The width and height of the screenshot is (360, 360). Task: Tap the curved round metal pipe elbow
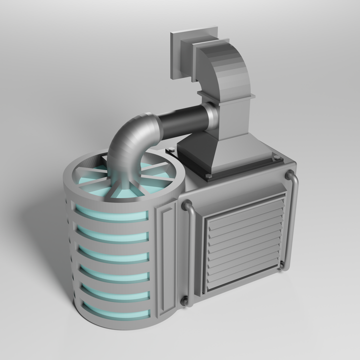[x=131, y=142]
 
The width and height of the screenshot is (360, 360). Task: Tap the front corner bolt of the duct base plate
[x=208, y=176]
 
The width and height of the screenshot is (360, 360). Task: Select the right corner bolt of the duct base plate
[x=276, y=158]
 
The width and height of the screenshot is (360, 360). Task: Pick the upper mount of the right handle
[x=289, y=174]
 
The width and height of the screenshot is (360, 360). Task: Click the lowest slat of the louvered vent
[x=242, y=280]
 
